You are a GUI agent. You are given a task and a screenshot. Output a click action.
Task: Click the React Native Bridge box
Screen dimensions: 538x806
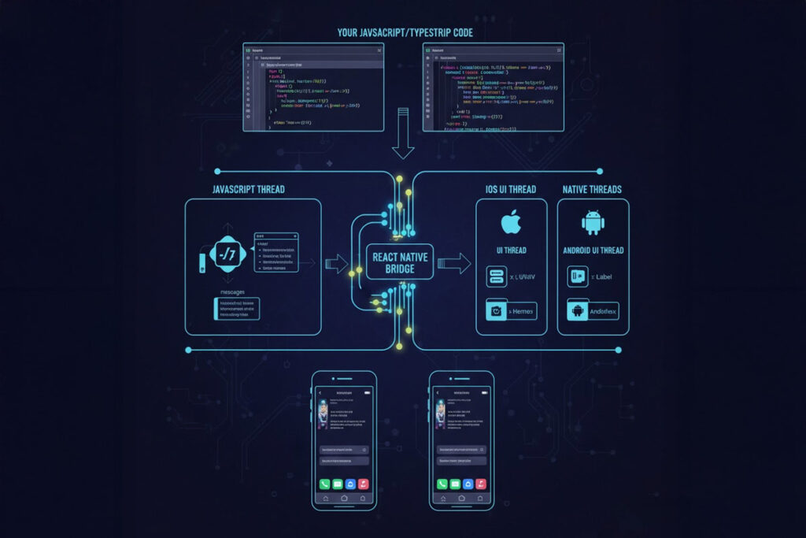[401, 262]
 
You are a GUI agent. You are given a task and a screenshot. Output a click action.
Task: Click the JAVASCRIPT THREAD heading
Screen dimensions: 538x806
[248, 190]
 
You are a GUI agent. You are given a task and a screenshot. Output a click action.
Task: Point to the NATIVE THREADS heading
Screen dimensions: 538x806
[591, 190]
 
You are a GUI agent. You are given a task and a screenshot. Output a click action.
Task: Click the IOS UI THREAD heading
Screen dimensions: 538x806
[512, 190]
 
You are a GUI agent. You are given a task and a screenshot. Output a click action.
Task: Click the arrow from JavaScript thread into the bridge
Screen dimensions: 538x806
[337, 263]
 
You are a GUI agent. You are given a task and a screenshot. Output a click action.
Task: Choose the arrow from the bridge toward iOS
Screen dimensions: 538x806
[454, 262]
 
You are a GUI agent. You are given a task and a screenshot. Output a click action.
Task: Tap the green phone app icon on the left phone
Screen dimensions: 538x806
[324, 484]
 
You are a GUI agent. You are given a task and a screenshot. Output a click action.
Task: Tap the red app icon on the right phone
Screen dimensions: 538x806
[482, 484]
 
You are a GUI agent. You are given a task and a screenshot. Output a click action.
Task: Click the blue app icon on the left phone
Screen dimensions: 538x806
[350, 484]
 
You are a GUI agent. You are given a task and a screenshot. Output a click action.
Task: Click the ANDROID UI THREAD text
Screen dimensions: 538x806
[593, 250]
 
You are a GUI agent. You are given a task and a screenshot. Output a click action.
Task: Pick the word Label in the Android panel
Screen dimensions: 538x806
[604, 276]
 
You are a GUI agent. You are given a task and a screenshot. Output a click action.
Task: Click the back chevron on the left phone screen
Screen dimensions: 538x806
[321, 391]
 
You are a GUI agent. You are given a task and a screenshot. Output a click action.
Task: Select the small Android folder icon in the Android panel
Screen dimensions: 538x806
[576, 310]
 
